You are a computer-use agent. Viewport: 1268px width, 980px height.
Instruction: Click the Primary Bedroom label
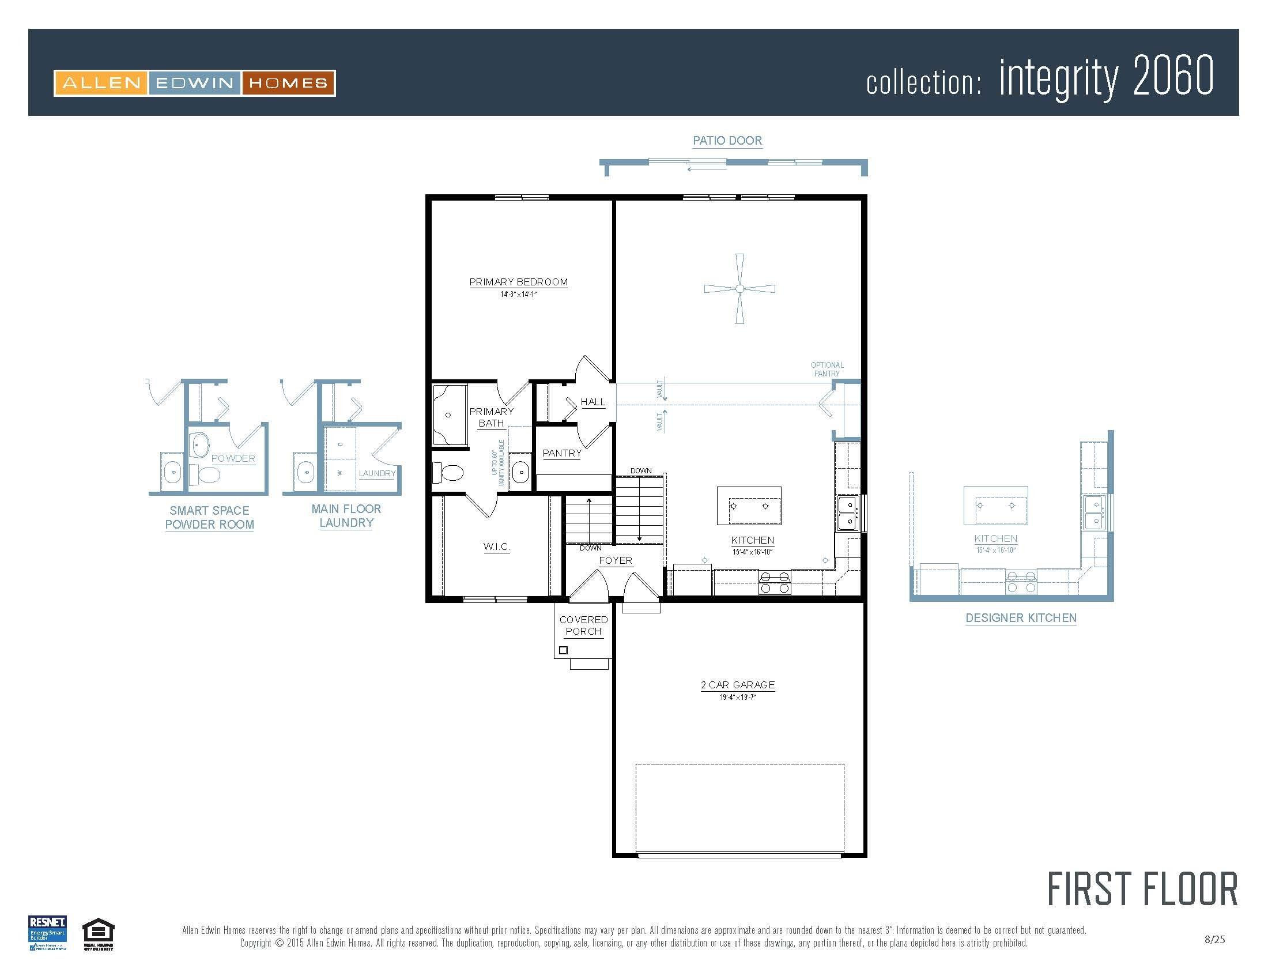[518, 282]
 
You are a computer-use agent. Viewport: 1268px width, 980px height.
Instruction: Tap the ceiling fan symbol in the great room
[739, 289]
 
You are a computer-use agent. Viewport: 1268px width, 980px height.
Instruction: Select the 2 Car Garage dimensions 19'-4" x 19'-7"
[737, 698]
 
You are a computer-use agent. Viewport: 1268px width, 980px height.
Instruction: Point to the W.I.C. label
[496, 546]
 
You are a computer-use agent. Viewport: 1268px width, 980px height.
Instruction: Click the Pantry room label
[561, 453]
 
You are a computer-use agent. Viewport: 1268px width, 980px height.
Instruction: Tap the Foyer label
[616, 560]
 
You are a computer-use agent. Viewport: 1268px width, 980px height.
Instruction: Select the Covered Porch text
[583, 625]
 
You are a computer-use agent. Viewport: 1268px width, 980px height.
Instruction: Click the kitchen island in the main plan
[749, 506]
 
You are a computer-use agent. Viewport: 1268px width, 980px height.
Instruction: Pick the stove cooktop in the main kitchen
[775, 583]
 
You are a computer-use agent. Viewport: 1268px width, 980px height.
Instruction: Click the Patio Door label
[727, 141]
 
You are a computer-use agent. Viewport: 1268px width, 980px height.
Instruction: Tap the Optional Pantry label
[827, 370]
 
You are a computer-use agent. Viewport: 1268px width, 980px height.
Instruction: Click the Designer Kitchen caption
[1021, 618]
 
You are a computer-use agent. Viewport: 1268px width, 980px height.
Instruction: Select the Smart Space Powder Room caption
[210, 517]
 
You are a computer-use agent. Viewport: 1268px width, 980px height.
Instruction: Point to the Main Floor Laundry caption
[346, 515]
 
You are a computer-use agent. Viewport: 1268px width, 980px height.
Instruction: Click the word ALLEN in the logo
[101, 83]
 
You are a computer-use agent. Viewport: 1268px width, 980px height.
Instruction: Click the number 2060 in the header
[1173, 76]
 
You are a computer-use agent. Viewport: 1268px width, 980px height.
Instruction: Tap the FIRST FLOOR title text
[1142, 889]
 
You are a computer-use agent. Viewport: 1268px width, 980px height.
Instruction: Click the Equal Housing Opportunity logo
[98, 934]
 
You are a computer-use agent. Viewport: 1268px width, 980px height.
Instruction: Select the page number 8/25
[1214, 938]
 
